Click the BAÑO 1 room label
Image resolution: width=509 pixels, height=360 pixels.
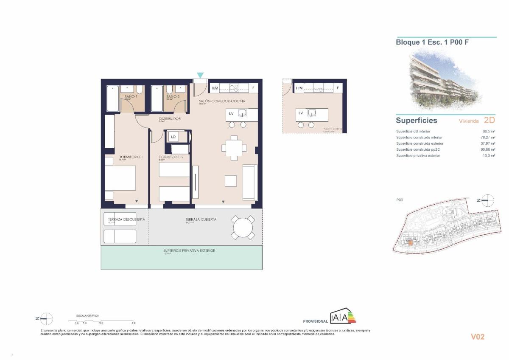pos(130,97)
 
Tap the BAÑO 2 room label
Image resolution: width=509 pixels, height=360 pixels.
pos(171,97)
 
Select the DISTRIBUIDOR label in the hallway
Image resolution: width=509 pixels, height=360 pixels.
pos(170,119)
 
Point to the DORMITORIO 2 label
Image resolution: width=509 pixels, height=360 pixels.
pos(171,157)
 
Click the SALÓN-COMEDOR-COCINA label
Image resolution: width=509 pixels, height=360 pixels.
pos(222,101)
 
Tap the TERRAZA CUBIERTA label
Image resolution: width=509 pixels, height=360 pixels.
pos(201,219)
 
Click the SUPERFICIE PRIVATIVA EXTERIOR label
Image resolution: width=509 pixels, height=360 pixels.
pos(189,250)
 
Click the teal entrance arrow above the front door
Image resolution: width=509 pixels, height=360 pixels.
pos(200,75)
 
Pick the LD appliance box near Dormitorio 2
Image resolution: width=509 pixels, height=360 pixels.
pos(173,137)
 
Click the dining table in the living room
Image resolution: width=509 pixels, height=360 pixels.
pos(234,148)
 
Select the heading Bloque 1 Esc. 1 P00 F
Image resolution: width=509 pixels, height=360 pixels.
pos(432,42)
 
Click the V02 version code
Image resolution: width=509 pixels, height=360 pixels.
pos(478,337)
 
